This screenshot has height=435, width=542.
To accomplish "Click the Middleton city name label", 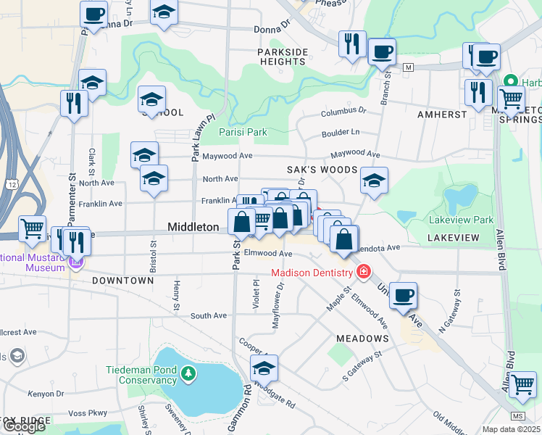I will tap(193, 227).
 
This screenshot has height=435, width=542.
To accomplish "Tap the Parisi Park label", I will tap(243, 132).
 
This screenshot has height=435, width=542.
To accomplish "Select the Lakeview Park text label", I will tap(462, 220).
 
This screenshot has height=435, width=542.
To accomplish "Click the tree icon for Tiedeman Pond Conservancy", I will tap(188, 374).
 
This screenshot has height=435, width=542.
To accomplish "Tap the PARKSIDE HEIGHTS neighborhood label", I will tap(283, 57).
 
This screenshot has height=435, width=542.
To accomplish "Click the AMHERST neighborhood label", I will tap(441, 115).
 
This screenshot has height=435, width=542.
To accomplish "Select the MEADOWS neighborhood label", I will tap(362, 339).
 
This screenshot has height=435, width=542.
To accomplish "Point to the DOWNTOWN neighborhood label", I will tap(122, 280).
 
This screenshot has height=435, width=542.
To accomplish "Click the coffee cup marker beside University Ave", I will tap(403, 295).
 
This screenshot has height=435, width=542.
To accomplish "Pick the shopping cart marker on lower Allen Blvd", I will tap(522, 386).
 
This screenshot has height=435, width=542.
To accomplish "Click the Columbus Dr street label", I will tap(344, 112).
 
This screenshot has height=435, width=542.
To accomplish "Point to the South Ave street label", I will tap(209, 315).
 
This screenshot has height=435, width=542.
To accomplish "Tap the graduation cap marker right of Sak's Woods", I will tap(374, 182).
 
